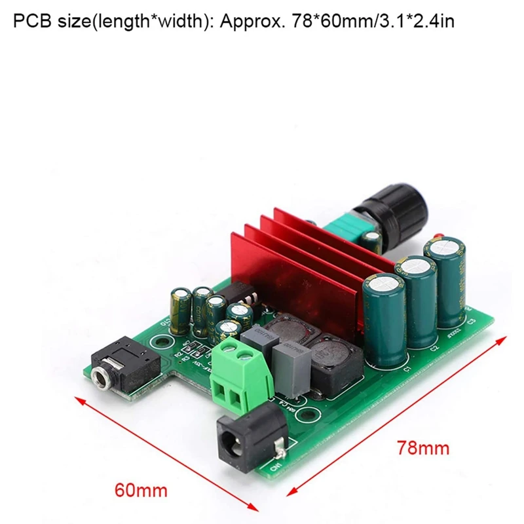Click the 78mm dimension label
pos(423,448)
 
